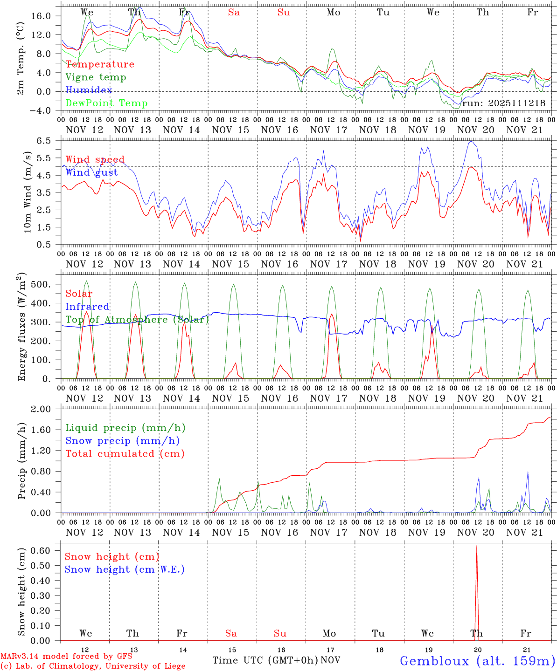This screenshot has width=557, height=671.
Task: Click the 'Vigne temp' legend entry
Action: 96,77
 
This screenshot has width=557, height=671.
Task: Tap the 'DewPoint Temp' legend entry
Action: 106,103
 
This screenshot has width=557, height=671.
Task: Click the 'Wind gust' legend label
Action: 91,172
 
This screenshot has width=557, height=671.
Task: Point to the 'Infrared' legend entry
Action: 87,307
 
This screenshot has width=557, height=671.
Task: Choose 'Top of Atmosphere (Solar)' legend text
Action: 137,320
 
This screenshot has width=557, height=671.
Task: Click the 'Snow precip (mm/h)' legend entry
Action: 123,441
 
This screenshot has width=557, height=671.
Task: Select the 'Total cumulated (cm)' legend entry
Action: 125,454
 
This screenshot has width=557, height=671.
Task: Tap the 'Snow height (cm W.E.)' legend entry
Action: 125,569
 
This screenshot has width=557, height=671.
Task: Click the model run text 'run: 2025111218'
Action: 503,103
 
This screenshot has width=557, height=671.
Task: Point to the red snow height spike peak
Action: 476,546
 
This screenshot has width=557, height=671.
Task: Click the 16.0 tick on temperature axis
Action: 47,16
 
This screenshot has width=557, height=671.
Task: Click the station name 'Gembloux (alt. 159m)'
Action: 477,661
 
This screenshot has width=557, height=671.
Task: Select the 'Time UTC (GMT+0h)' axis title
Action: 265,660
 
